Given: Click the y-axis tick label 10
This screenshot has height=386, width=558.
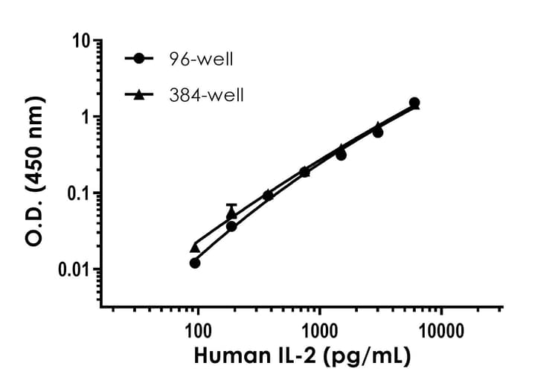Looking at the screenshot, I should (83, 40).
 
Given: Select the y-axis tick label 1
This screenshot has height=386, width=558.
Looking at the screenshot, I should (86, 118).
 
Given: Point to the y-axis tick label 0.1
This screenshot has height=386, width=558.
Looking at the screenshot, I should (79, 193).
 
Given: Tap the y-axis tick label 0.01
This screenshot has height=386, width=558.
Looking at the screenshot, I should (74, 269).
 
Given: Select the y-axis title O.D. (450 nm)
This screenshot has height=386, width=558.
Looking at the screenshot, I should (33, 174).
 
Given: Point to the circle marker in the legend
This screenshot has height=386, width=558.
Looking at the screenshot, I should (139, 58).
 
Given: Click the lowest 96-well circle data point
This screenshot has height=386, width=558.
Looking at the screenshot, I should (195, 263).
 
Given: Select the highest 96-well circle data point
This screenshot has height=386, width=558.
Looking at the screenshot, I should (414, 103).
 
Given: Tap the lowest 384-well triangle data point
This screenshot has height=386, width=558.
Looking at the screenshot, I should (195, 247).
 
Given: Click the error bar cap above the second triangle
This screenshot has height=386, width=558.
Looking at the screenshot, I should (231, 205).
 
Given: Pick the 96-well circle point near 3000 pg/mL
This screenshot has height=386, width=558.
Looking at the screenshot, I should (378, 132).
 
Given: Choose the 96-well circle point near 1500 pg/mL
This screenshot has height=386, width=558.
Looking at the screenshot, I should (341, 155).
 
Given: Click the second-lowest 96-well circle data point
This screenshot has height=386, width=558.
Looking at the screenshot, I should (231, 226).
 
